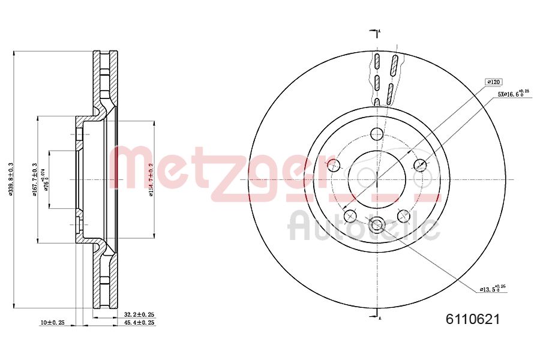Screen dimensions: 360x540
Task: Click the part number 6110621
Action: coord(473,320)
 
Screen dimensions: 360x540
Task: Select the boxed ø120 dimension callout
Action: coord(494,82)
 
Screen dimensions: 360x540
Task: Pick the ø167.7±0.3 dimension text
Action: coord(35,179)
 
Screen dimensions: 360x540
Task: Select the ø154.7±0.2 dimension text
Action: coord(152,179)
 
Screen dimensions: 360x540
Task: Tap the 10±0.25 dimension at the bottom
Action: coord(53,323)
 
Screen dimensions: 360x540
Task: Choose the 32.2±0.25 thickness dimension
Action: coord(139,314)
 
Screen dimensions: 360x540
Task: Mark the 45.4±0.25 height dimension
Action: coord(139,323)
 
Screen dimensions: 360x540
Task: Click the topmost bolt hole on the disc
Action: coord(377,134)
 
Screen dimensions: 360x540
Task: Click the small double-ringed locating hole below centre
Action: coord(377,225)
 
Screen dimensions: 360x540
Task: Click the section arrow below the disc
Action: coord(377,312)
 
